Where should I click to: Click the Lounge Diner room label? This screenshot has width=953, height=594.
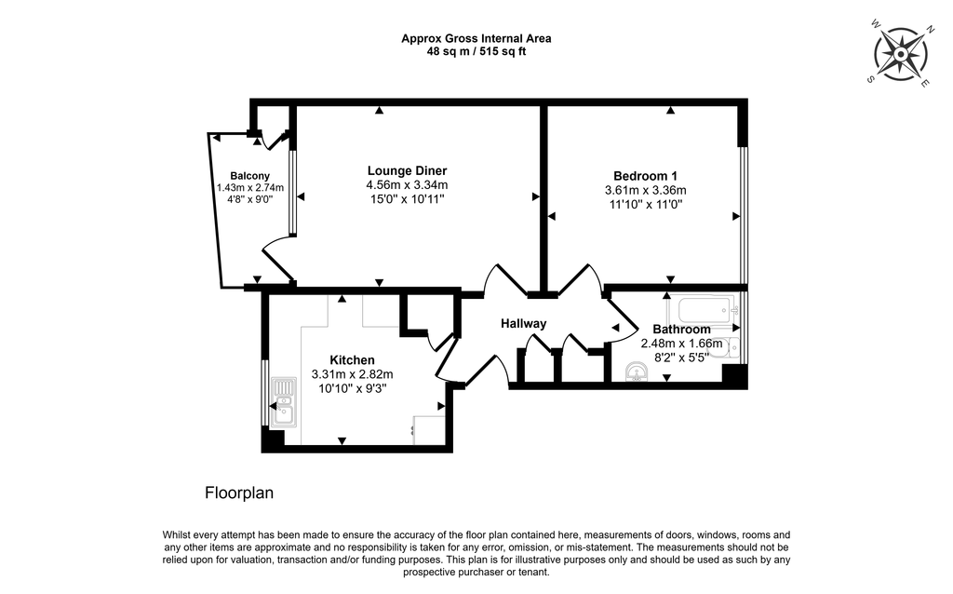408,170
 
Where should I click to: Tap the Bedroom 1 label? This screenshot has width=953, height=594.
646,176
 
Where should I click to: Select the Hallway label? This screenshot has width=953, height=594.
523,323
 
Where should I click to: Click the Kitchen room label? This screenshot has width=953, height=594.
352,360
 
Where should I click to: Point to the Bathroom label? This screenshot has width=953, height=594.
682,329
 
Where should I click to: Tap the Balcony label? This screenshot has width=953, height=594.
249,176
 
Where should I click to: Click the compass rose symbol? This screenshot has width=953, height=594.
901,54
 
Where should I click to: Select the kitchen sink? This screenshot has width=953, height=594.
284,401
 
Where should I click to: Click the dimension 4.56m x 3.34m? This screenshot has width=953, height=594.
408,185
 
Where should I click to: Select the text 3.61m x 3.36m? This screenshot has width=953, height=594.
646,190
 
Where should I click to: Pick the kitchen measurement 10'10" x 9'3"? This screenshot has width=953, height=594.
353,388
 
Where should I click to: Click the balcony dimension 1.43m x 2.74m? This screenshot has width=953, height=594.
250,188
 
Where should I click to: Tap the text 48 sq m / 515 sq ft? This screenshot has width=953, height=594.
476,52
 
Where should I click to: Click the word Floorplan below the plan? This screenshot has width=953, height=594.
239,493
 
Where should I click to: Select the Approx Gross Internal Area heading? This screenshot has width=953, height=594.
476,38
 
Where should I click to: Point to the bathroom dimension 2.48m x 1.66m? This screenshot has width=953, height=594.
682,344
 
